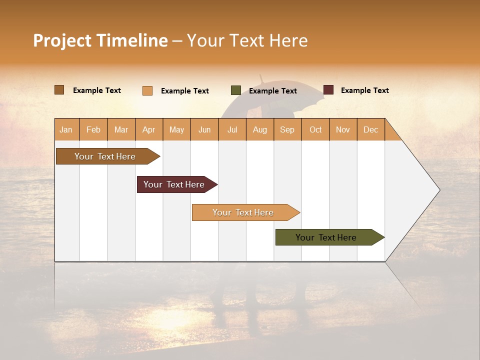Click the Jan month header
pyautogui.click(x=66, y=129)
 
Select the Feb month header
pyautogui.click(x=93, y=129)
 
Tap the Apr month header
pyautogui.click(x=148, y=129)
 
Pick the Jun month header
pyautogui.click(x=204, y=129)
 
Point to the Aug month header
pyautogui.click(x=259, y=129)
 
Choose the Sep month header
pyautogui.click(x=287, y=129)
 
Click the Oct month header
pyautogui.click(x=315, y=129)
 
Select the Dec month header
pyautogui.click(x=370, y=129)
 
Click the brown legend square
pyautogui.click(x=59, y=90)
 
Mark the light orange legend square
pyautogui.click(x=147, y=90)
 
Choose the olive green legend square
pyautogui.click(x=236, y=90)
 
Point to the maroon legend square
pyautogui.click(x=328, y=90)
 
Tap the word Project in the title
pyautogui.click(x=62, y=40)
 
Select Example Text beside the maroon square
pyautogui.click(x=364, y=90)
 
